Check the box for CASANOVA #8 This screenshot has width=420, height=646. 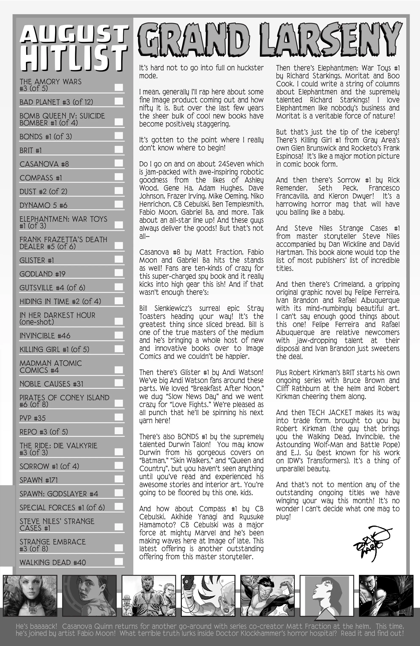(x=119, y=163)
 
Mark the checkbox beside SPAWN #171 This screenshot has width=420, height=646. (x=119, y=479)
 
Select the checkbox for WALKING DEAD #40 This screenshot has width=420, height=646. (x=119, y=561)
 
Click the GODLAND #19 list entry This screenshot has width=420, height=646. (x=42, y=274)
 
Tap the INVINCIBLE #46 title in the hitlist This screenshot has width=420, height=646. (x=45, y=336)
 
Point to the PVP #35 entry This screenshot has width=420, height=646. (x=33, y=418)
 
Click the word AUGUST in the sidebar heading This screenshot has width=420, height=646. (x=74, y=35)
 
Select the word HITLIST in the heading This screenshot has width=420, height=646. (x=74, y=58)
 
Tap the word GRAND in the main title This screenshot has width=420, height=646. (x=194, y=40)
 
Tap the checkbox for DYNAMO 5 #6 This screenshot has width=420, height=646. (x=119, y=204)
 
